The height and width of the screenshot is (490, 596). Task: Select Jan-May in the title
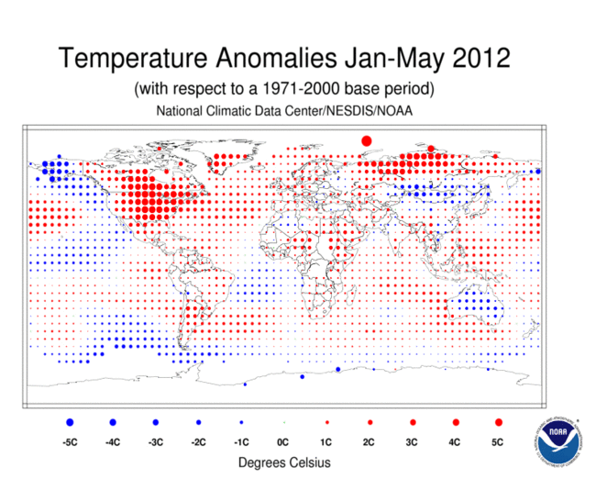coord(384,60)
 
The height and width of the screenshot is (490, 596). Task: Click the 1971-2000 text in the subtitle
coord(304,90)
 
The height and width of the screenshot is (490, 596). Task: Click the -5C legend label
coord(69,441)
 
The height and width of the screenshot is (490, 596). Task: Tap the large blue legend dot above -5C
coord(69,422)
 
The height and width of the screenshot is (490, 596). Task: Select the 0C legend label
coord(283,441)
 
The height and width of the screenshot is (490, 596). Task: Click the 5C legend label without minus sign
coord(498,441)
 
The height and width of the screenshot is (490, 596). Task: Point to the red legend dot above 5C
coord(498,422)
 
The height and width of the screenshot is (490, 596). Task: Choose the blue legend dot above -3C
coord(155,422)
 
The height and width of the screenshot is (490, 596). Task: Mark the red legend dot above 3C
coord(413,422)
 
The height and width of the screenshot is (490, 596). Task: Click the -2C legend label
coord(197,441)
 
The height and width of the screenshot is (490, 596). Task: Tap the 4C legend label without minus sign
coord(455,441)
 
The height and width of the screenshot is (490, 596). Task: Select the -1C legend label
coord(240,441)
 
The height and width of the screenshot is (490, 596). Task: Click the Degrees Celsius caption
coord(284,462)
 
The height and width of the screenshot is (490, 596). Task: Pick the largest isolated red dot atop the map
coord(366,140)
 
